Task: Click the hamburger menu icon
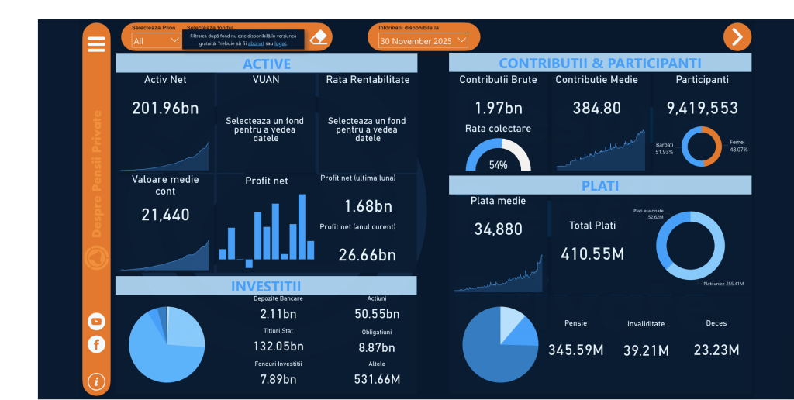click(96, 44)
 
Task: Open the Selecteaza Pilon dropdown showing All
click(156, 40)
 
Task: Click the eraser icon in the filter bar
click(319, 37)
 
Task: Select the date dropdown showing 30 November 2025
click(423, 40)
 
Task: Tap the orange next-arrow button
click(737, 36)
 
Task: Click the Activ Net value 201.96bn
click(165, 108)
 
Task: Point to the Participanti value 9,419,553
click(702, 108)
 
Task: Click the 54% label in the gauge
click(498, 164)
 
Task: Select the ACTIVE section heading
click(266, 64)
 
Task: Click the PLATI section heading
click(599, 186)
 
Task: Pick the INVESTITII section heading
click(266, 286)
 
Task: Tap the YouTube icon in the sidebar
click(96, 321)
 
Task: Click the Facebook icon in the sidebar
click(96, 343)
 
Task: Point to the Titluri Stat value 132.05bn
click(278, 347)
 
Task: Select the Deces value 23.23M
click(716, 350)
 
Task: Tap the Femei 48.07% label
click(738, 146)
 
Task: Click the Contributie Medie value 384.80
click(596, 108)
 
